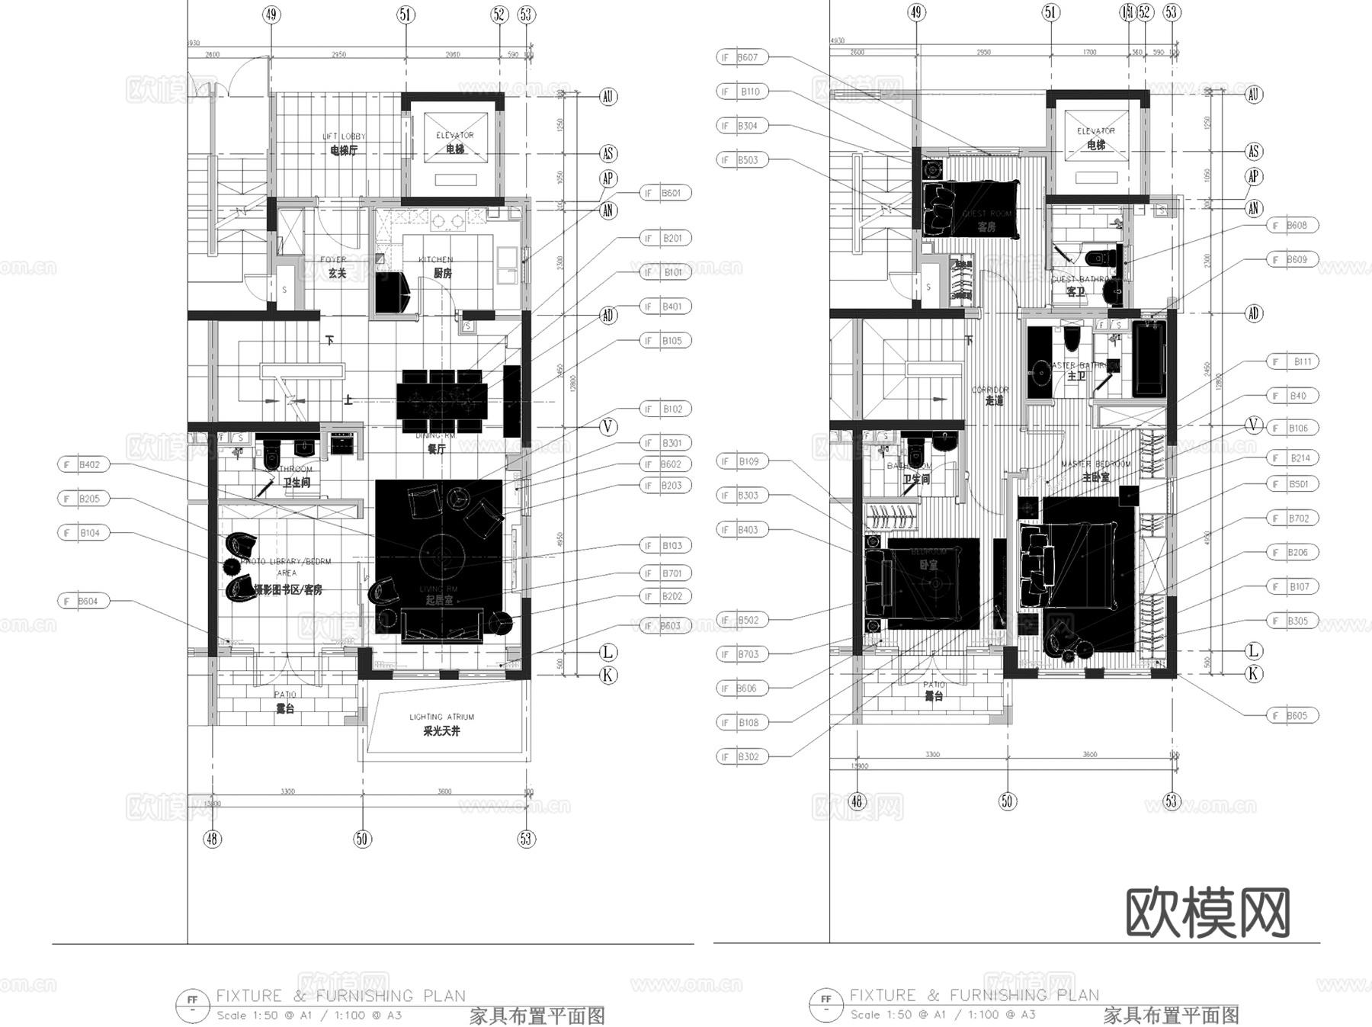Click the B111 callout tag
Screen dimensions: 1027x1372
tap(1294, 362)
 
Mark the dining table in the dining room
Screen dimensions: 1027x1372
tap(441, 400)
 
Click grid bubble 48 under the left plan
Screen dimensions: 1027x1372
tap(212, 839)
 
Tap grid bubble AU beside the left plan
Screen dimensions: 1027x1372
tap(607, 97)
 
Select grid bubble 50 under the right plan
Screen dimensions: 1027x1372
tap(1007, 801)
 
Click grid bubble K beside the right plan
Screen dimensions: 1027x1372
tap(1253, 674)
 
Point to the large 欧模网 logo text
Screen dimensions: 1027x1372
tap(1207, 912)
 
